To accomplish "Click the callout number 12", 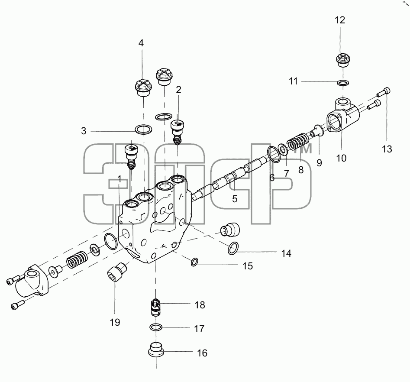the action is tap(340, 20).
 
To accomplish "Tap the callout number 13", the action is tap(387, 149).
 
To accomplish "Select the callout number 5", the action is tap(235, 199).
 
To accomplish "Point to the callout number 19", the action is tap(115, 322).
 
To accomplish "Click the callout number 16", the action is tap(202, 353).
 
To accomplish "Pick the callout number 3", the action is tap(84, 131).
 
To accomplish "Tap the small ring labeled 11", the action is tap(343, 83).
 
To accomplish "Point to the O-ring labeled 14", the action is tap(233, 248).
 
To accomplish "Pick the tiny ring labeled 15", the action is tap(194, 262).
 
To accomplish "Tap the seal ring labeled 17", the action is tap(156, 327).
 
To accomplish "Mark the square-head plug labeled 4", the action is tap(143, 87).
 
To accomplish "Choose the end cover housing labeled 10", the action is tap(343, 117).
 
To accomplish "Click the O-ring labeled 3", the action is tap(144, 129).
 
